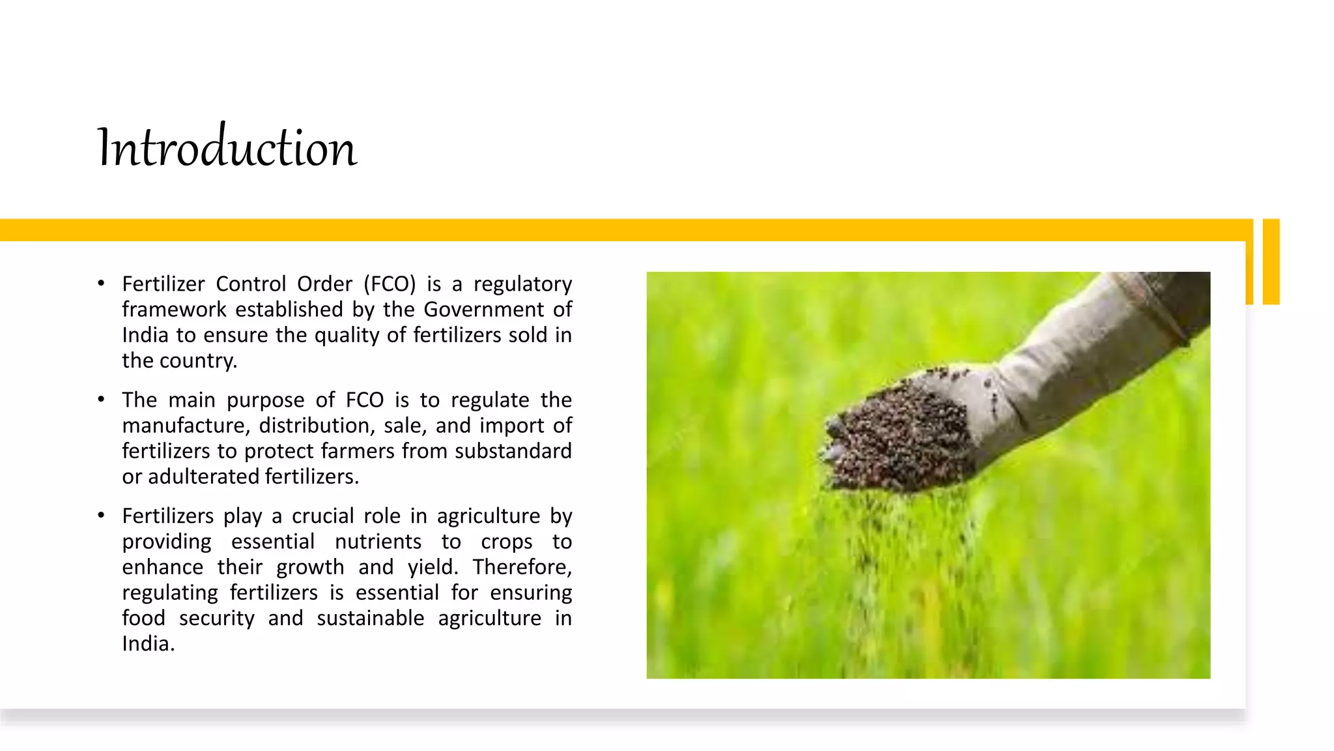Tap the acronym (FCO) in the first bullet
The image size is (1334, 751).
(x=390, y=284)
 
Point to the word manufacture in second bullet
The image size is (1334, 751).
(x=185, y=426)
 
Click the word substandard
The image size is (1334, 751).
(x=513, y=451)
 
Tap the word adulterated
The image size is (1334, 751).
(x=204, y=477)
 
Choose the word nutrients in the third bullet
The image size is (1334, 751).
(x=378, y=542)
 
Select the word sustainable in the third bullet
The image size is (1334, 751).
(x=371, y=618)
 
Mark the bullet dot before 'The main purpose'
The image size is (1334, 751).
(x=101, y=400)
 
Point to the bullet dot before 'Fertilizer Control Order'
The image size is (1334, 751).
(x=101, y=284)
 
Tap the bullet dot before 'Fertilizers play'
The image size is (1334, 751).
(x=101, y=516)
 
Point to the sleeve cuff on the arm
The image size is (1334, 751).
(x=1153, y=306)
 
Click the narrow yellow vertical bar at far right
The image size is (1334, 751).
(x=1271, y=261)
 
